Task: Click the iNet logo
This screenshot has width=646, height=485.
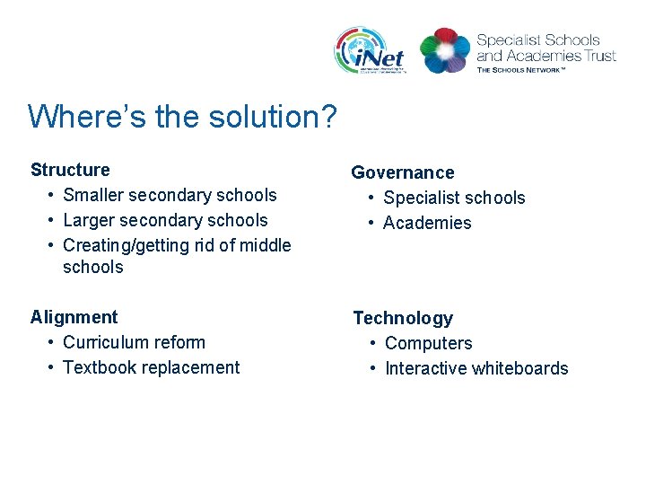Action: click(x=370, y=50)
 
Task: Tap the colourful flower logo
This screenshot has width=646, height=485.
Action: click(x=445, y=50)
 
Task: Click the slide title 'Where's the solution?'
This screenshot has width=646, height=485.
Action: click(x=182, y=117)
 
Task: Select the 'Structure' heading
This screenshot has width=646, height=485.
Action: click(x=70, y=170)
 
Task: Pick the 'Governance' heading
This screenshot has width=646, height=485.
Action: click(x=402, y=172)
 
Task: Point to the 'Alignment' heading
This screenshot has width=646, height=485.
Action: click(x=74, y=317)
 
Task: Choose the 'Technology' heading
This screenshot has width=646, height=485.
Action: click(x=403, y=318)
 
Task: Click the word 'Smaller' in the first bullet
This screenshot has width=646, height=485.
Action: click(x=95, y=195)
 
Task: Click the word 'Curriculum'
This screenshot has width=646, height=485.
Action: click(x=103, y=342)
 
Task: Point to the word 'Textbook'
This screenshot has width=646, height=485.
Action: click(x=99, y=367)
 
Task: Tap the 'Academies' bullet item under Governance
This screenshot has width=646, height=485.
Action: click(x=427, y=223)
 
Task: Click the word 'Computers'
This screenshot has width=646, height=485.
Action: click(x=428, y=343)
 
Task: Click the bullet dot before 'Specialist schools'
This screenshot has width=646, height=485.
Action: click(x=370, y=198)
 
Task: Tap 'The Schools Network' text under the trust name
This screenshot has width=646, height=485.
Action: click(x=521, y=69)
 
